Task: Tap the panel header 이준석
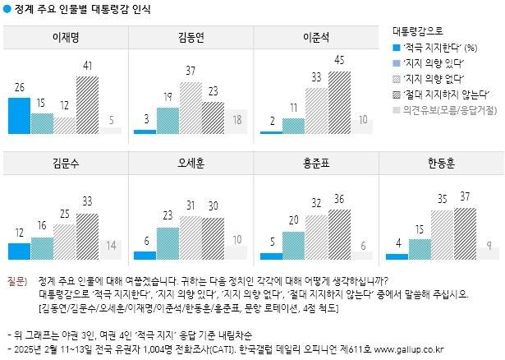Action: click(316, 37)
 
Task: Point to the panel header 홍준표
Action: click(316, 163)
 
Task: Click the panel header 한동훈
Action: click(442, 163)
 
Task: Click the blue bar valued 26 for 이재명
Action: click(19, 115)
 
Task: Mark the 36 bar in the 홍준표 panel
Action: click(338, 234)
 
